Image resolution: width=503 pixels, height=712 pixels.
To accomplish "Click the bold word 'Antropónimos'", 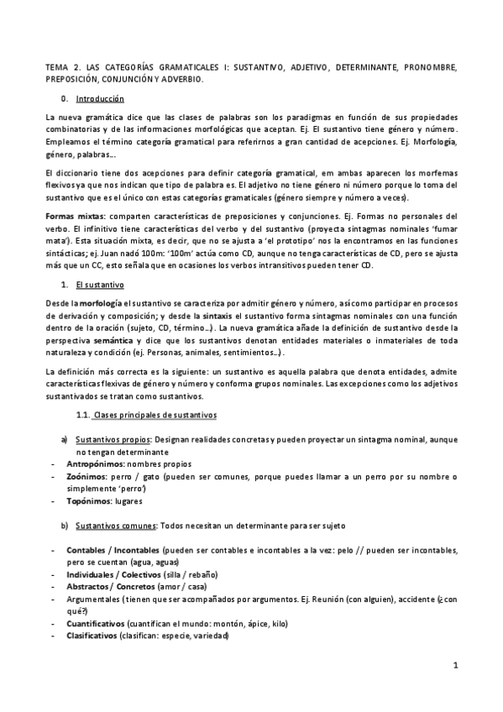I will pyautogui.click(x=95, y=463).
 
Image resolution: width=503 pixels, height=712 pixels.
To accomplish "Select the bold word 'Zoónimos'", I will pyautogui.click(x=85, y=476).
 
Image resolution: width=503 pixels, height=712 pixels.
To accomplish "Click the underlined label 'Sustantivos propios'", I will pyautogui.click(x=112, y=439).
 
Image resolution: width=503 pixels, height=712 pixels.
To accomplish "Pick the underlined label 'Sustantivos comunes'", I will pyautogui.click(x=115, y=526).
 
